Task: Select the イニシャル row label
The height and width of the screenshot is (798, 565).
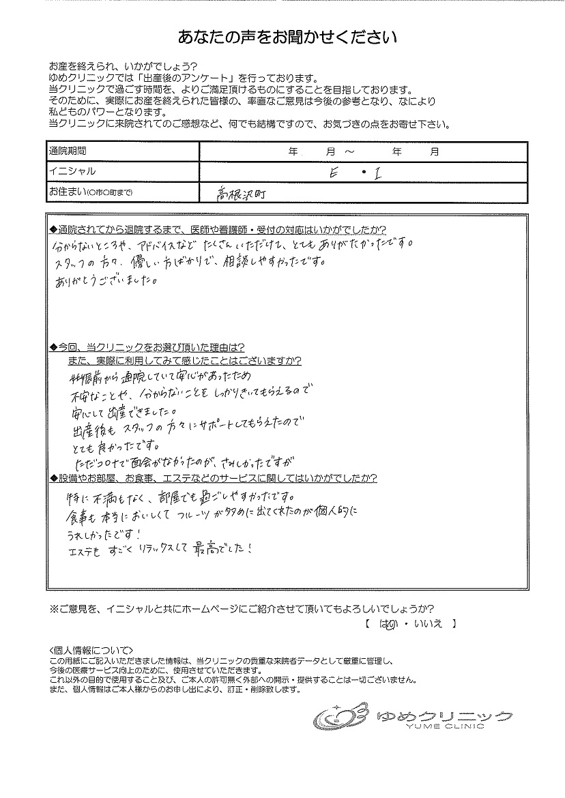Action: click(x=72, y=171)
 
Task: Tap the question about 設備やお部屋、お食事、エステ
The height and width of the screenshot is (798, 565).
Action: click(x=215, y=477)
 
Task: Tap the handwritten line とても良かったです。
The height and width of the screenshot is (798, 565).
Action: click(x=114, y=447)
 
